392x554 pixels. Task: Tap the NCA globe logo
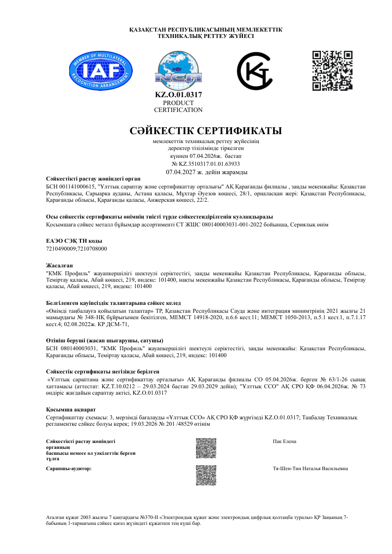click(x=178, y=71)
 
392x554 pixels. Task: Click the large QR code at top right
click(x=332, y=71)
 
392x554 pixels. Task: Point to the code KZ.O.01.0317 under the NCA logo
click(x=178, y=95)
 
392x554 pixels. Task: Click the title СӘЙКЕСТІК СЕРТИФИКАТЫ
click(x=205, y=131)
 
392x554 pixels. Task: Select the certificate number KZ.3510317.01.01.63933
click(x=205, y=163)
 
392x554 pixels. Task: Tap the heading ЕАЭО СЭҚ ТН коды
click(x=67, y=241)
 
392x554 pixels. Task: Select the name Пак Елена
click(x=284, y=441)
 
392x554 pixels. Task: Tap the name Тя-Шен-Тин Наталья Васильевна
click(x=310, y=468)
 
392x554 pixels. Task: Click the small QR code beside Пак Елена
click(x=206, y=448)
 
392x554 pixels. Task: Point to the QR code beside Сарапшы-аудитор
click(x=206, y=475)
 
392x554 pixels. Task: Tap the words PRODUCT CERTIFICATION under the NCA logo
click(x=178, y=106)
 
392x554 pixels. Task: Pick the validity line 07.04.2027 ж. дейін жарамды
click(x=207, y=172)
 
